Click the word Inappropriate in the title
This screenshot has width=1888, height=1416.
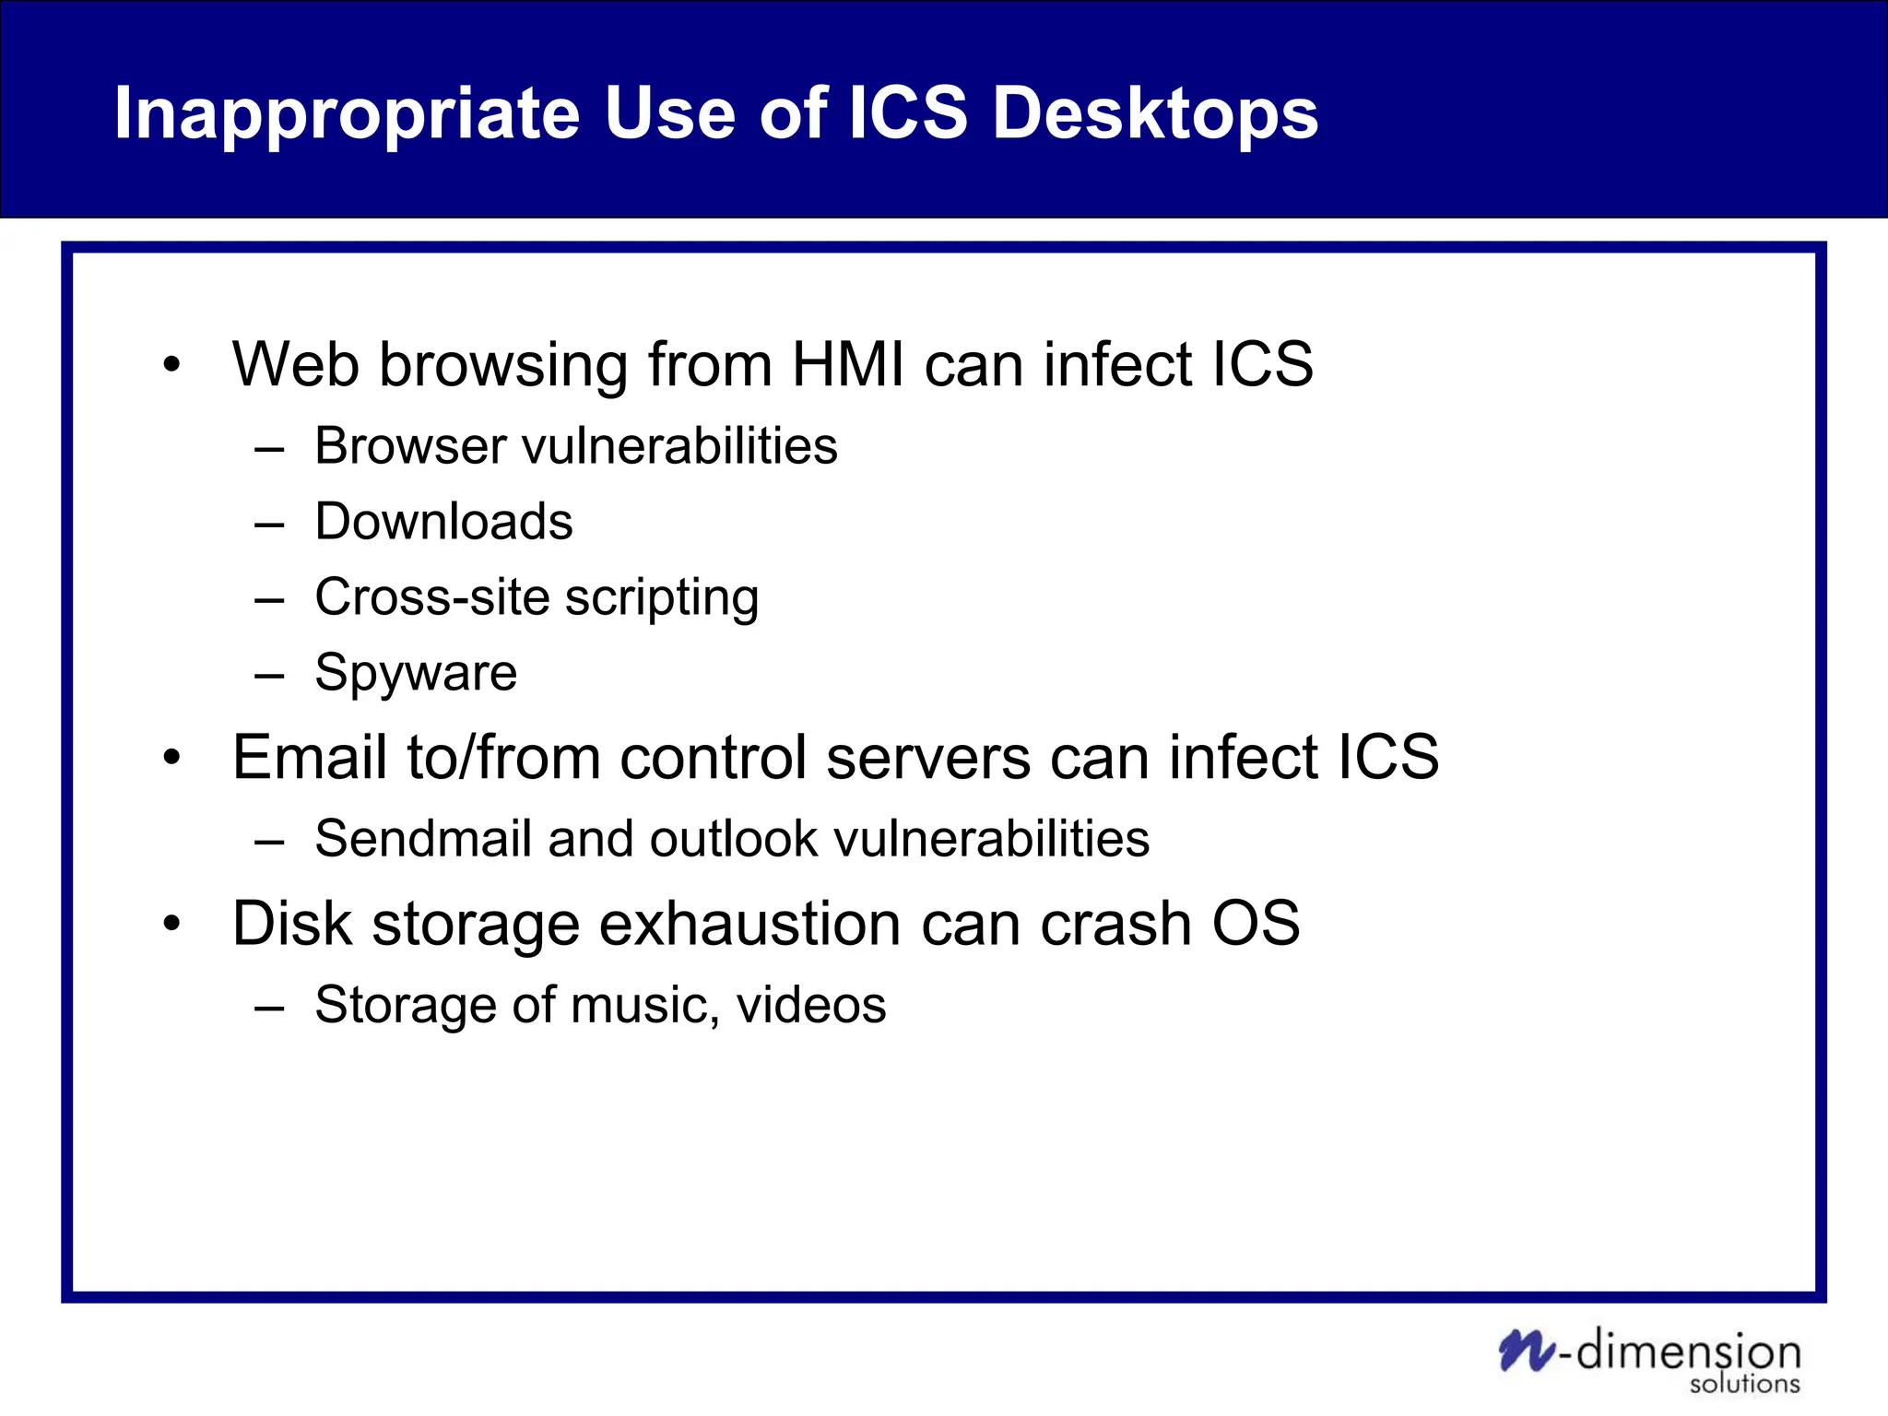click(x=346, y=114)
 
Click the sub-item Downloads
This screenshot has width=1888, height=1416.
click(x=443, y=522)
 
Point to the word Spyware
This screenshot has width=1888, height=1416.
click(x=416, y=673)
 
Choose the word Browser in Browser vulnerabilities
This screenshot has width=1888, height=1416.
click(x=410, y=446)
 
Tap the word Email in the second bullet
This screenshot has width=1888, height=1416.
click(x=310, y=758)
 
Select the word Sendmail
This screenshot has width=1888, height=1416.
click(x=423, y=839)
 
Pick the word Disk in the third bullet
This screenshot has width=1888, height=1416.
click(x=291, y=924)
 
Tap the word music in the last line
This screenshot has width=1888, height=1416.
click(x=644, y=1005)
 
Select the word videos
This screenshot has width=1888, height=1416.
click(x=811, y=1005)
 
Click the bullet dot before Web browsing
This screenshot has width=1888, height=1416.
click(x=171, y=365)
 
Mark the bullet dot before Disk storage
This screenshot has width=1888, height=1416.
click(x=171, y=924)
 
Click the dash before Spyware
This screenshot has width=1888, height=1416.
click(x=269, y=676)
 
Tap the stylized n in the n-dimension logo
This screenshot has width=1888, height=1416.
click(x=1527, y=1351)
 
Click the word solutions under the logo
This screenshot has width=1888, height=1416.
click(x=1744, y=1385)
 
